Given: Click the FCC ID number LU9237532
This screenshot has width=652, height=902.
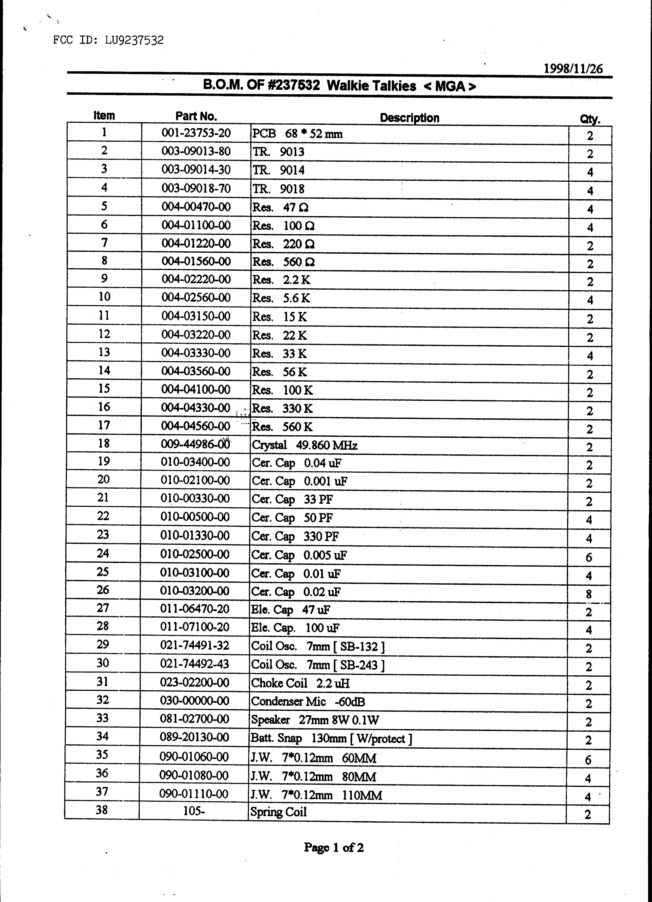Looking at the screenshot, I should pos(134,40).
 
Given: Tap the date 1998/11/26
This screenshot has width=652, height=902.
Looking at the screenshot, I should pos(573,69).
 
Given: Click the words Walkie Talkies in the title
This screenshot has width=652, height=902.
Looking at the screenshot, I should pos(371,86).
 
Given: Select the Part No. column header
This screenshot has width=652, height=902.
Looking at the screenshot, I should pos(196,116).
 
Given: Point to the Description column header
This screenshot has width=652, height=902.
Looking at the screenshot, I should pos(409,118).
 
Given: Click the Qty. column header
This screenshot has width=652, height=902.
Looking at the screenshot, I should pos(590,118).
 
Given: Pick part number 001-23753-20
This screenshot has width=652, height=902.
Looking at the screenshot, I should pos(196,133).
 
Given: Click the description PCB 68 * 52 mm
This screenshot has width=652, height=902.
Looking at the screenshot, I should pos(297,134).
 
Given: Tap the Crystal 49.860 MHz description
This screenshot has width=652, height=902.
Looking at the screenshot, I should pos(305,445).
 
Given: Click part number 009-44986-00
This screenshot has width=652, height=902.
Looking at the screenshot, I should pos(195,444).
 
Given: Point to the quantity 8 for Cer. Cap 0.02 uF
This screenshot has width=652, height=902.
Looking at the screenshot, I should pos(589,594).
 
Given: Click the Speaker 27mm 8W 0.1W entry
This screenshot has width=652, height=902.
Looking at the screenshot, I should pos(315,720).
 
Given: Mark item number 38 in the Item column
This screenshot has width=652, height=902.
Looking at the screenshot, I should pos(102,810).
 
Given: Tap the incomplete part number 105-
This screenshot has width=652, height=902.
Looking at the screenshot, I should pos(194,811).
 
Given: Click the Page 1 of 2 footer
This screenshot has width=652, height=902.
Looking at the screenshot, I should pos(334,847).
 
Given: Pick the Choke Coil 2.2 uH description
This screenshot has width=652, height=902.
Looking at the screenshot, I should pos(300,683).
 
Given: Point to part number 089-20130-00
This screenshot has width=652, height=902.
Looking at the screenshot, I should pos(194,737).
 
